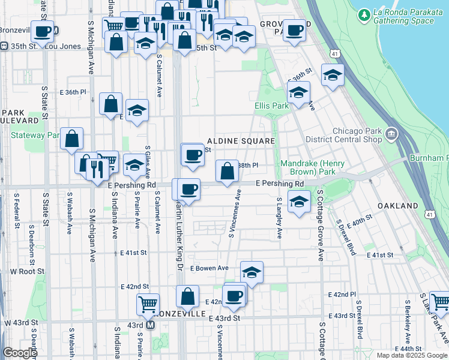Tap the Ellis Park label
click(272, 106)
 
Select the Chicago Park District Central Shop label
click(357, 136)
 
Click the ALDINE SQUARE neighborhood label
click(241, 141)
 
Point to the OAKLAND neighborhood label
click(397, 206)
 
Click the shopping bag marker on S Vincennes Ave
click(227, 172)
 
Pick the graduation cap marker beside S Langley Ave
click(298, 202)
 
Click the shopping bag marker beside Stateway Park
click(71, 139)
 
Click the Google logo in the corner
click(19, 353)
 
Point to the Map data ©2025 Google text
click(412, 355)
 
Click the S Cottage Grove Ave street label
click(321, 225)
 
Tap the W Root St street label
click(24, 271)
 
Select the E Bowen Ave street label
click(209, 268)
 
